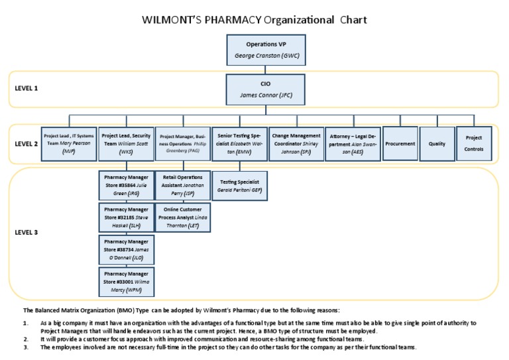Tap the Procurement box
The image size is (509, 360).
point(400,143)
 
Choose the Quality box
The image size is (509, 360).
point(437,143)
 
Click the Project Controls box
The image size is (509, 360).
point(474,143)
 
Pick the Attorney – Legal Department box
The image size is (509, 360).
point(353,143)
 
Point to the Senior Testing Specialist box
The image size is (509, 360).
point(239,143)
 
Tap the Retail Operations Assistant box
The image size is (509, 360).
point(182,186)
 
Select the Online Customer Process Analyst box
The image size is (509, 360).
point(182,217)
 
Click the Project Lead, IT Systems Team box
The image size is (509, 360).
point(69,143)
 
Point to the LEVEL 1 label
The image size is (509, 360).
point(27,87)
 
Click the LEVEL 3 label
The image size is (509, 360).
point(27,233)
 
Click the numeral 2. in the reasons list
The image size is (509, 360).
point(26,339)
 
